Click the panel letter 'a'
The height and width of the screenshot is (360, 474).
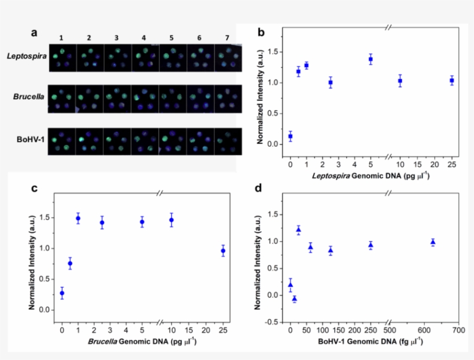click(x=34, y=32)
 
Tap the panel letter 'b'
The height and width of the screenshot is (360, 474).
click(x=261, y=32)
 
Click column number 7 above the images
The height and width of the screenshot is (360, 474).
click(x=227, y=38)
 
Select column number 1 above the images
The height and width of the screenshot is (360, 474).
click(x=61, y=38)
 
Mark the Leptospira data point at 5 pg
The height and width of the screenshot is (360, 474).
click(x=371, y=59)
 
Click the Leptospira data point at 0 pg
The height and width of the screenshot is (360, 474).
click(x=290, y=136)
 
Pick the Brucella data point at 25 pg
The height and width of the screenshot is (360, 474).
click(x=224, y=251)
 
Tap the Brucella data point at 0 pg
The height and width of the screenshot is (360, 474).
click(x=62, y=293)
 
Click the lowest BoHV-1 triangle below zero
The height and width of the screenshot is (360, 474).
click(x=294, y=299)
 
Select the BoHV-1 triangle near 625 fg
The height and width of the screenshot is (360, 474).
click(x=432, y=242)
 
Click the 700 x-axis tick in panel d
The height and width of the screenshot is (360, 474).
click(x=458, y=331)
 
